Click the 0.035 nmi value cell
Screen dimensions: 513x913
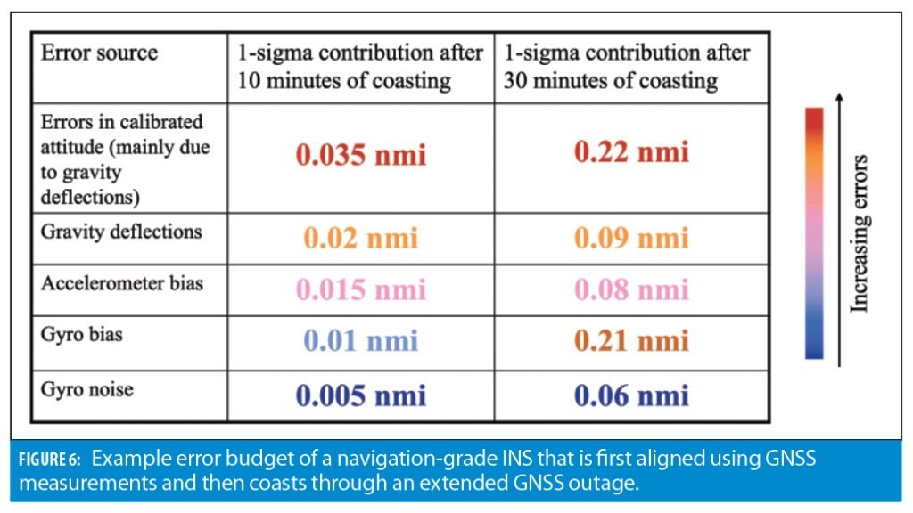click(x=361, y=155)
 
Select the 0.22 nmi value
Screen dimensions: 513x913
click(x=631, y=152)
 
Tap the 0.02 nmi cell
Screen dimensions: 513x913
click(x=361, y=239)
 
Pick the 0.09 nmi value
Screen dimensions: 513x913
click(x=631, y=239)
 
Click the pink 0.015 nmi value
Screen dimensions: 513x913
click(x=361, y=289)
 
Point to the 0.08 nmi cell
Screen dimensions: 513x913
click(x=631, y=289)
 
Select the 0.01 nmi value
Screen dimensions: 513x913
click(x=361, y=340)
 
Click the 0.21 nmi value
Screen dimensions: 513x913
click(x=631, y=340)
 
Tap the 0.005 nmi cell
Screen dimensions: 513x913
click(x=361, y=395)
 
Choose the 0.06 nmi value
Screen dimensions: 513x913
click(x=631, y=395)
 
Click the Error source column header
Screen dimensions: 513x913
click(x=99, y=53)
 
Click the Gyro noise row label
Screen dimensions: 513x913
click(x=86, y=388)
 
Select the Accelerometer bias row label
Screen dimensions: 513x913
click(x=122, y=283)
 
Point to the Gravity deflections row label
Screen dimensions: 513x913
click(x=121, y=232)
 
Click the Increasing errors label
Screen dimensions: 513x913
click(x=860, y=233)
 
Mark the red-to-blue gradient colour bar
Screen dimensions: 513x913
click(x=814, y=233)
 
